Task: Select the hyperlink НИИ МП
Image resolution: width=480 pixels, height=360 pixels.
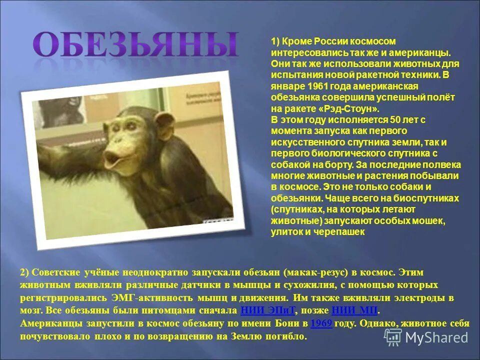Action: pyautogui.click(x=354, y=309)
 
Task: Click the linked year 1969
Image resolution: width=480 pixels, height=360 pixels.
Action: pyautogui.click(x=321, y=323)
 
